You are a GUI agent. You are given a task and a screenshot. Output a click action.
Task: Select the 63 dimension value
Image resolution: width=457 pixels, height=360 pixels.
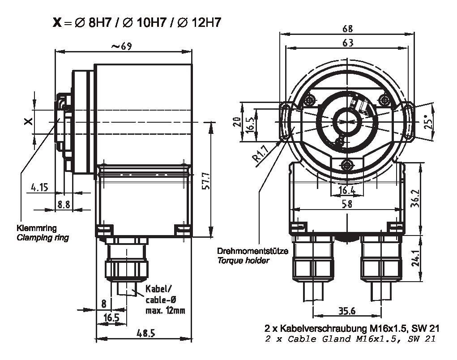(x=347, y=43)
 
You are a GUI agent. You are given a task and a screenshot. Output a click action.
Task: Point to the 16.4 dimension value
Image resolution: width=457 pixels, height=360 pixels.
(x=347, y=191)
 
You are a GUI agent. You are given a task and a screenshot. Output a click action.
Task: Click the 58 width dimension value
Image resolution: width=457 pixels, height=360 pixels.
(x=346, y=204)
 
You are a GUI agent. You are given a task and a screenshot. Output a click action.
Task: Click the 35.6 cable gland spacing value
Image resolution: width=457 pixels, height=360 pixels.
(x=347, y=311)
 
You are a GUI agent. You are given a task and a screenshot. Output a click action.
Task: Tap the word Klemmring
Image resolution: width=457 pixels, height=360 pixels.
(x=34, y=227)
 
